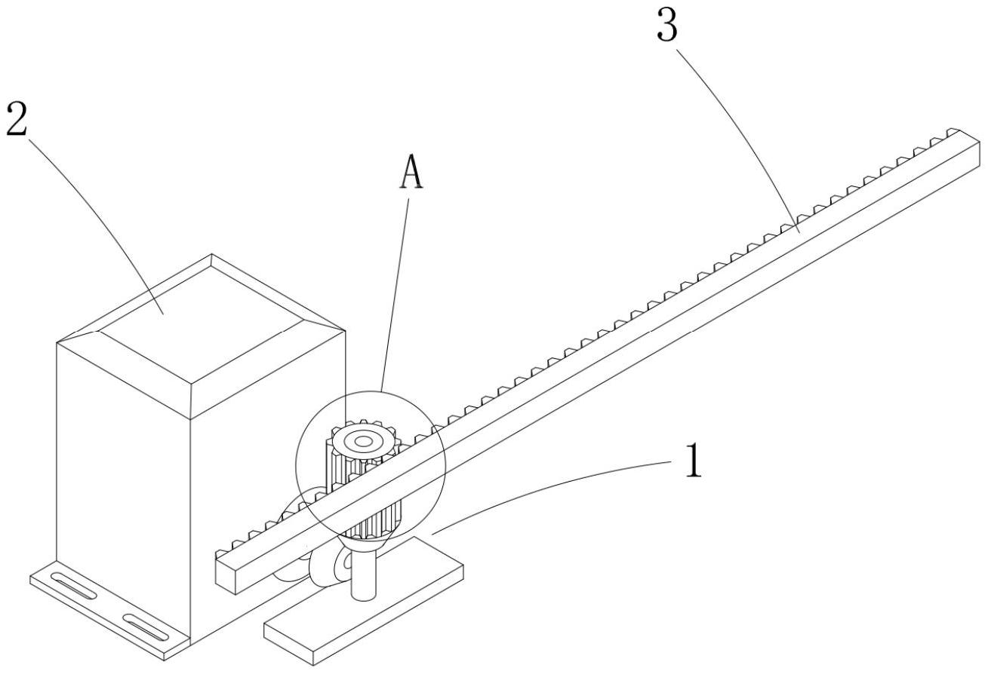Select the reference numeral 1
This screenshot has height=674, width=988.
[692, 461]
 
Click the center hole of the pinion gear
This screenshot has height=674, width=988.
[364, 441]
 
